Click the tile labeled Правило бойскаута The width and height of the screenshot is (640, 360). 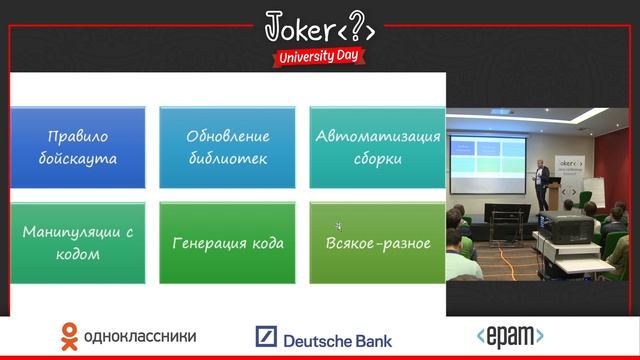coord(78,147)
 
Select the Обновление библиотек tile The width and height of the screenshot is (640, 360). coord(227,147)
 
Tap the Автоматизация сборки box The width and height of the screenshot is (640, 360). coord(376,147)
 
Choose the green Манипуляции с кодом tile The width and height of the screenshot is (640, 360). coord(78,243)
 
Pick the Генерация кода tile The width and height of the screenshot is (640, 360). coord(227,243)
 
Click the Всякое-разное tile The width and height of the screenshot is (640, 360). coord(376,243)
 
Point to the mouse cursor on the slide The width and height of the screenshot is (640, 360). coord(339,226)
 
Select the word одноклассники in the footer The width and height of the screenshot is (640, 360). coord(140,337)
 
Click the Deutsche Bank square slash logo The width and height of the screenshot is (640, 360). coord(266,337)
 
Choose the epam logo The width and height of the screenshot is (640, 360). coord(509,336)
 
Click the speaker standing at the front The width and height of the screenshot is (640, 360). coord(540,183)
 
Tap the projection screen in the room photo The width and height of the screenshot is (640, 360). coord(486,164)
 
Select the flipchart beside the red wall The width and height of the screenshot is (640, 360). coord(593,190)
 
